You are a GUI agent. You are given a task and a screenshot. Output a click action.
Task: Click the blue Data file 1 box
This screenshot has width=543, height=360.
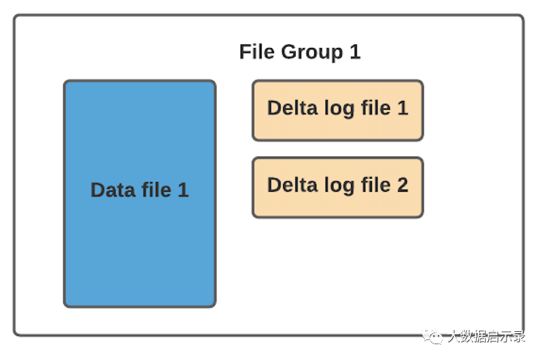pyautogui.click(x=140, y=194)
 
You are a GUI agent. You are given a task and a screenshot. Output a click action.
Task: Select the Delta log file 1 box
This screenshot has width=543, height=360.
pyautogui.click(x=337, y=111)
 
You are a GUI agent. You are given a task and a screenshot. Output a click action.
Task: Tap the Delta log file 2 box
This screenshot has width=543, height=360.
pyautogui.click(x=337, y=188)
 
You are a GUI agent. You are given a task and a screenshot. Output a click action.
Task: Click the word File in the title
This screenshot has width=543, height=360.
pyautogui.click(x=257, y=52)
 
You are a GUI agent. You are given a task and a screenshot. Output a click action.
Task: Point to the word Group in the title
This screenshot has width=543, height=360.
pyautogui.click(x=312, y=53)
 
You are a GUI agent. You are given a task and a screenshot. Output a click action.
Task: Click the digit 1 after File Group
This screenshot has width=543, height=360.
pyautogui.click(x=355, y=52)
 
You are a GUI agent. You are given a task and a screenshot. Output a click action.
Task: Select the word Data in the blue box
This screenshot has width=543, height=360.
pyautogui.click(x=113, y=190)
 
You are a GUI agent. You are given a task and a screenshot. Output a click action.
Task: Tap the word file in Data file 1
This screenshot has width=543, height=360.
pyautogui.click(x=157, y=190)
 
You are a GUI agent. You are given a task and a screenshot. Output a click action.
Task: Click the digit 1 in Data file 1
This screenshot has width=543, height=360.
pyautogui.click(x=183, y=190)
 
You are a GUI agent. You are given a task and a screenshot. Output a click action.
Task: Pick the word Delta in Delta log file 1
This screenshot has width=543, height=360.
pyautogui.click(x=292, y=108)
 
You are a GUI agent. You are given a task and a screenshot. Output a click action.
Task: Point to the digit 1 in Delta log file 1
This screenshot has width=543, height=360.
pyautogui.click(x=402, y=108)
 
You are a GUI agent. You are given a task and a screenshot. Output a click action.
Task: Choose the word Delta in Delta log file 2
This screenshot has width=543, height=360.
pyautogui.click(x=292, y=185)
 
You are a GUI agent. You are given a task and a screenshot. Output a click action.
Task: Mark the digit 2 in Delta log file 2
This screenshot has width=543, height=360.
pyautogui.click(x=402, y=185)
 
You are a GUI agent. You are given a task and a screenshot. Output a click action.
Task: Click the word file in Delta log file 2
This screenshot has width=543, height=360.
pyautogui.click(x=376, y=185)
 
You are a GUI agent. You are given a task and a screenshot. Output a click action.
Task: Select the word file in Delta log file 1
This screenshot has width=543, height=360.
pyautogui.click(x=376, y=107)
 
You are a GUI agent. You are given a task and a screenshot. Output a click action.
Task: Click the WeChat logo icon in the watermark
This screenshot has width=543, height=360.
pyautogui.click(x=432, y=336)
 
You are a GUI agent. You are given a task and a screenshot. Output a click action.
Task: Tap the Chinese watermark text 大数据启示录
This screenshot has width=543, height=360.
pyautogui.click(x=486, y=336)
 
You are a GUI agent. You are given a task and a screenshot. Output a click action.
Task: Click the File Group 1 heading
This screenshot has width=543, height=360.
pyautogui.click(x=300, y=53)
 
